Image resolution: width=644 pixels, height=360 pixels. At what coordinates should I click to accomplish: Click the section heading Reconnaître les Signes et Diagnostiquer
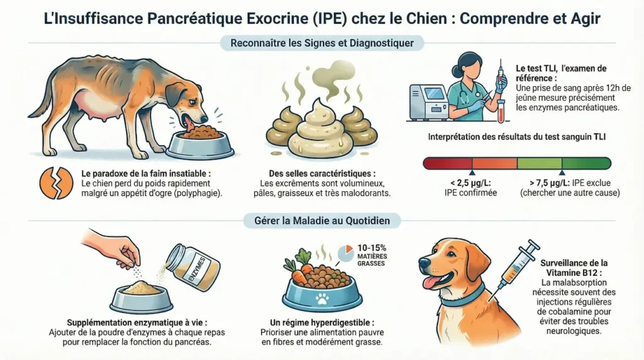pos(321,43)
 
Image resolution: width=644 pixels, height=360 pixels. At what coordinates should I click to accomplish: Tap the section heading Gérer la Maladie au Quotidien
pos(321,220)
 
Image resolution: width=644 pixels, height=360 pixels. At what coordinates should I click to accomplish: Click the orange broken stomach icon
pos(56,183)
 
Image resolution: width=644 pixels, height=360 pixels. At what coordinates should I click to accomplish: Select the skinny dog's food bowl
pos(200,143)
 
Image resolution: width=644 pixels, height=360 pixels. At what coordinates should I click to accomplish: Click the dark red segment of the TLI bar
pos(447,164)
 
